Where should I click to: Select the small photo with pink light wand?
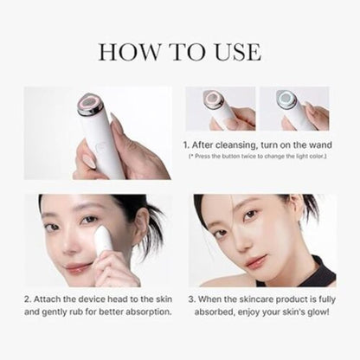tap(220, 108)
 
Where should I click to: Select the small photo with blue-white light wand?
tap(294, 108)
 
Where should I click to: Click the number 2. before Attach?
tap(29, 299)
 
